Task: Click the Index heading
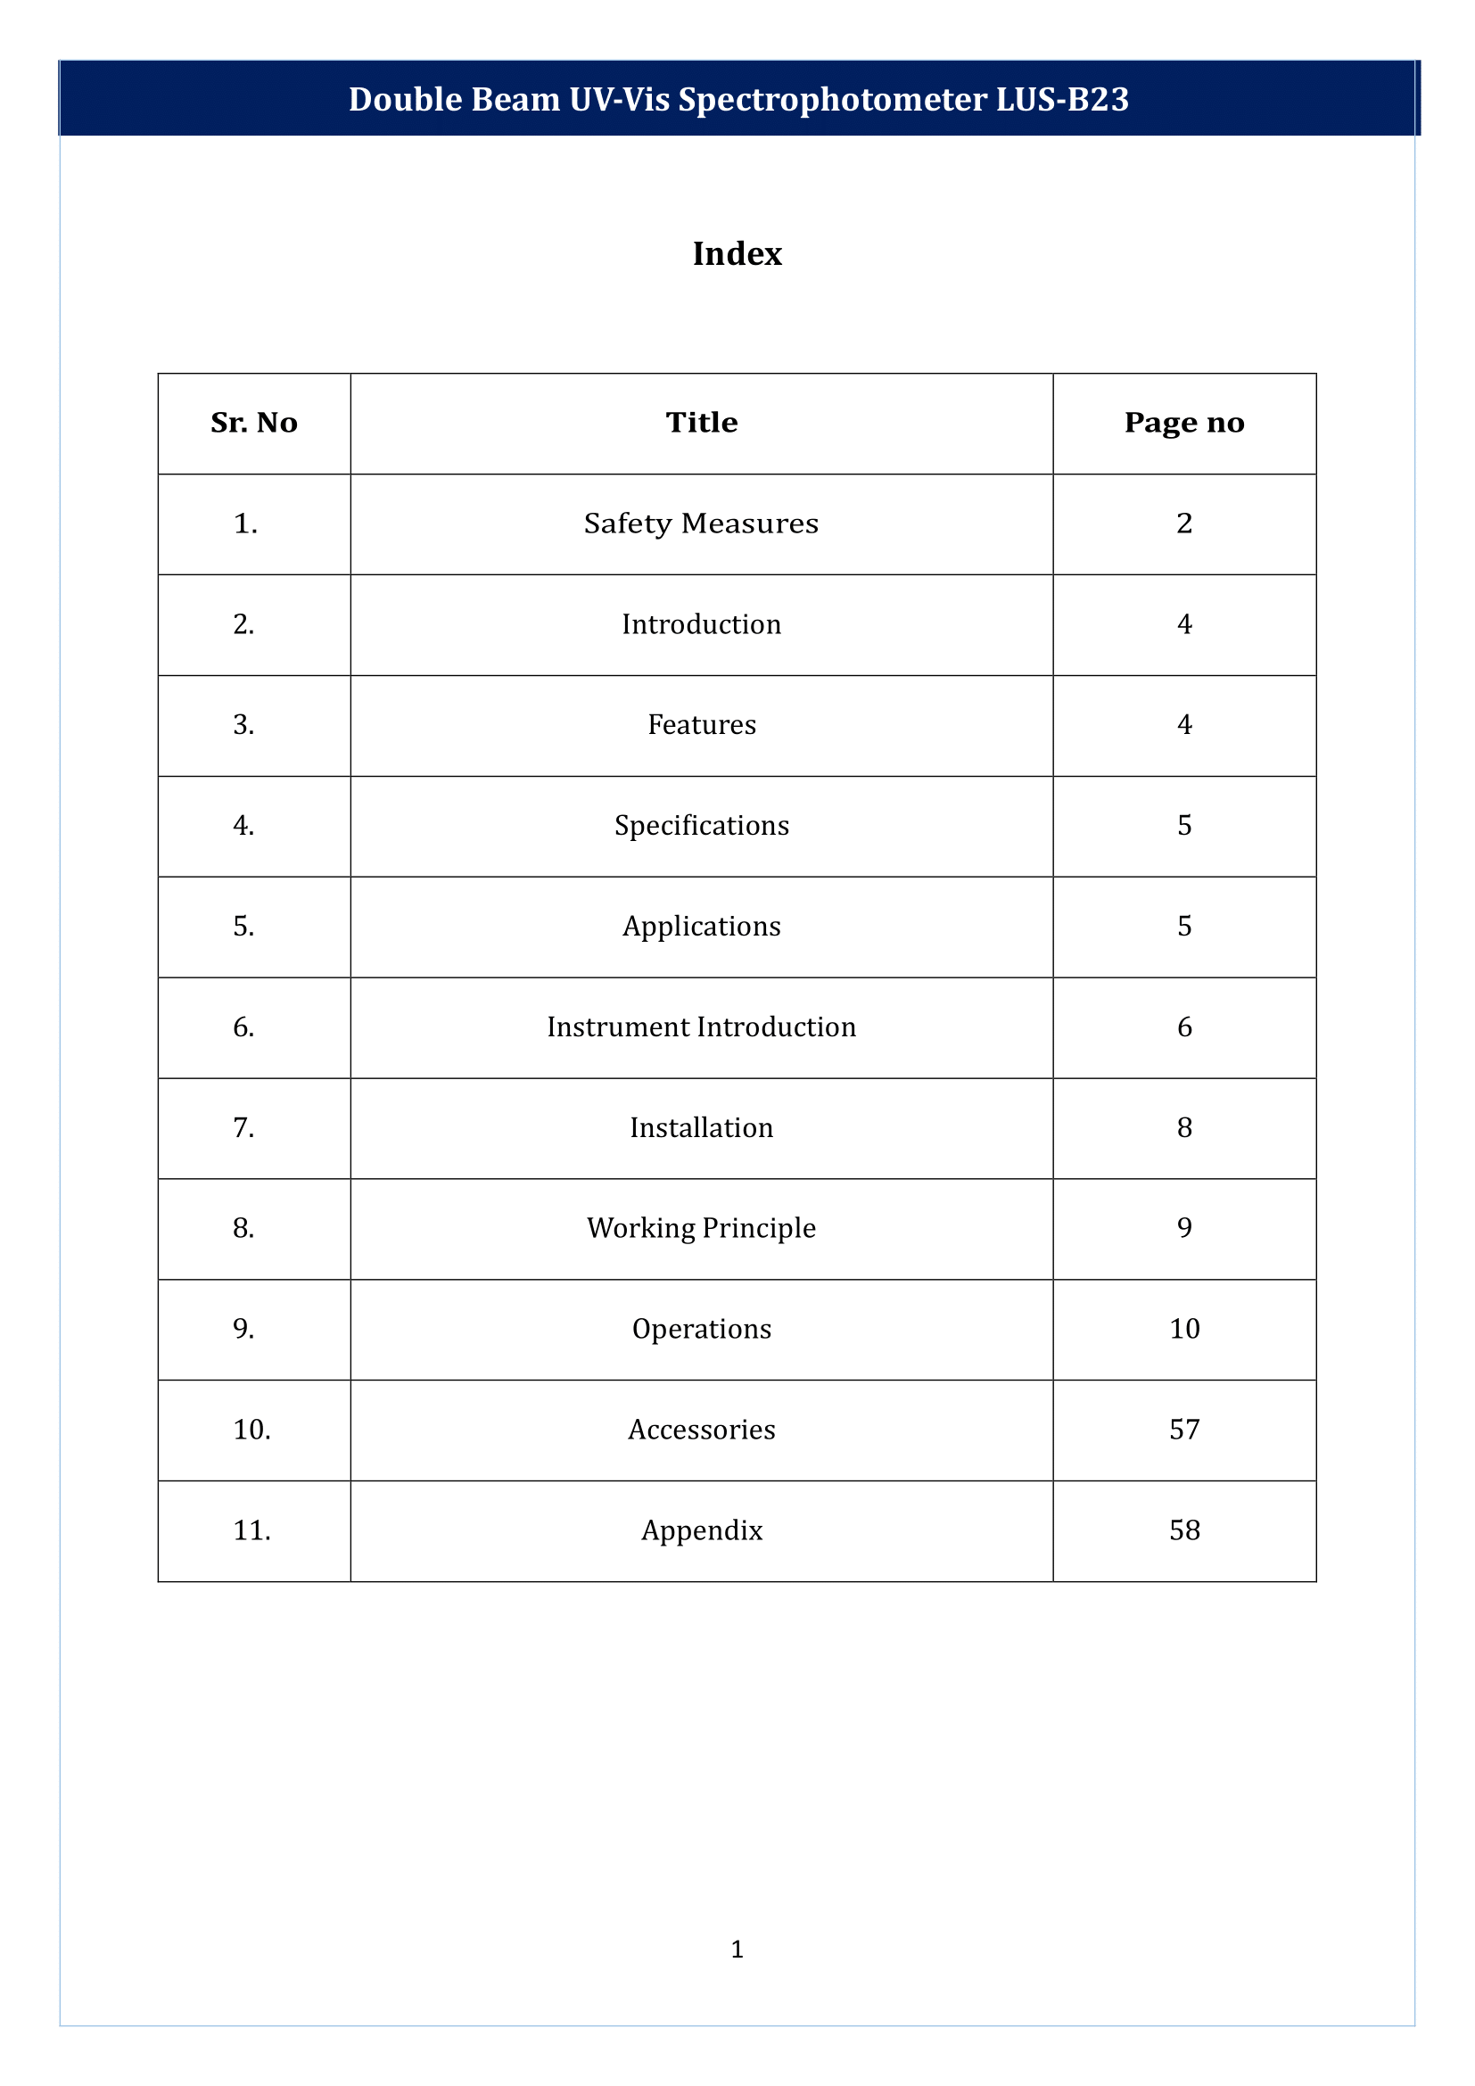(737, 253)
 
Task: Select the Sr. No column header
(253, 423)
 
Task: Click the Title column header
(701, 423)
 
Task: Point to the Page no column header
(1183, 423)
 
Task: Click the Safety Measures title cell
(701, 524)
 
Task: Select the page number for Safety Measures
(1183, 524)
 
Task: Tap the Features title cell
(701, 725)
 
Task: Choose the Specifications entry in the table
(701, 826)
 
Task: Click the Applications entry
(701, 927)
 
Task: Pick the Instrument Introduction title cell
(701, 1027)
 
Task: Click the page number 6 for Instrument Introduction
(1183, 1027)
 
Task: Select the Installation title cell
(701, 1128)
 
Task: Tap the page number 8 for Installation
(1183, 1128)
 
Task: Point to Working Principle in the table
(701, 1228)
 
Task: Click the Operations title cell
(701, 1329)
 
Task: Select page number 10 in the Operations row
(1183, 1329)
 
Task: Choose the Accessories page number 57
(1183, 1430)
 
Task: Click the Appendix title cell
(701, 1531)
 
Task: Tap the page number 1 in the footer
(737, 1949)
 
